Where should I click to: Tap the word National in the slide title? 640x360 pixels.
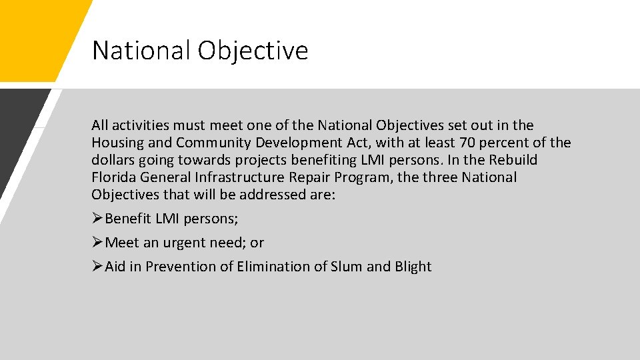(x=140, y=51)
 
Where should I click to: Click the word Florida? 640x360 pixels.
(x=114, y=177)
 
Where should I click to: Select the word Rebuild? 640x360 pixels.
(x=515, y=160)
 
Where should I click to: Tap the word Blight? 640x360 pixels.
(x=413, y=267)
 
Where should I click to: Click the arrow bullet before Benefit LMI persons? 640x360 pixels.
(x=98, y=219)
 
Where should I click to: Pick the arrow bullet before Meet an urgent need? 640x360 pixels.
(x=98, y=243)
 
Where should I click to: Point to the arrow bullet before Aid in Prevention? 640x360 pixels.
(x=98, y=267)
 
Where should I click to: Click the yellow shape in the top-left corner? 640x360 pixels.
(x=33, y=33)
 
